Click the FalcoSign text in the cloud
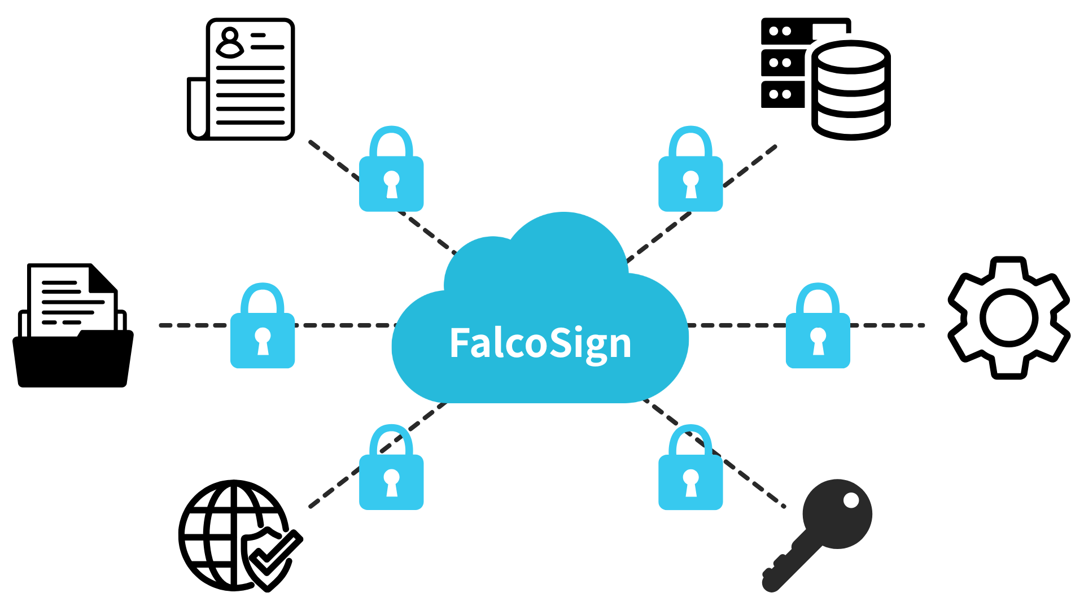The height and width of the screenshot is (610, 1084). tap(540, 343)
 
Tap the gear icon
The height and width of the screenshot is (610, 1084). tap(1009, 318)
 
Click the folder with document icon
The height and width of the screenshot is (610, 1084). tap(72, 328)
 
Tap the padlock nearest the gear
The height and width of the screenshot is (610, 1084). tap(818, 328)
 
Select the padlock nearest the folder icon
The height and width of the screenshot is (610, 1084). tap(263, 328)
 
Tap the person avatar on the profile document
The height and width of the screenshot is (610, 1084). tap(229, 43)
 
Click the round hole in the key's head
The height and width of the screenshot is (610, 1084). tap(851, 500)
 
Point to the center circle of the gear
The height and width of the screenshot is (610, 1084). tap(1009, 318)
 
